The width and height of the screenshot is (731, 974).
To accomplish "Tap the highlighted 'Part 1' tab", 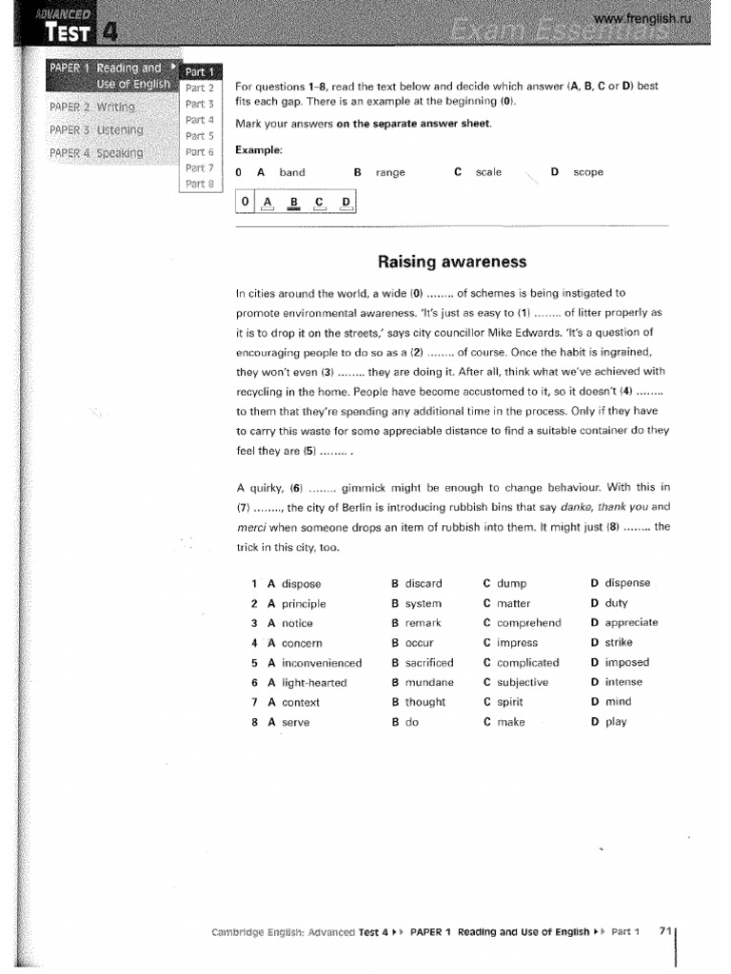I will pos(200,71).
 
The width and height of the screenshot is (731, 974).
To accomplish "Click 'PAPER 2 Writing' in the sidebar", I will pos(92,107).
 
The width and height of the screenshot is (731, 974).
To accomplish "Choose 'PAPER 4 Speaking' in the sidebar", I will pos(96,152).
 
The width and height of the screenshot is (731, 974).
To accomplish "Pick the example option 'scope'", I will pos(587,172).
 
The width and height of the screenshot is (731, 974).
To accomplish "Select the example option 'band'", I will pos(292,172).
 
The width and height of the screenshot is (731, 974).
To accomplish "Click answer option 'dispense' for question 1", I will pos(627,583).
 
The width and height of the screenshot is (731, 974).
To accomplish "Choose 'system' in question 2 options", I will pos(424,603).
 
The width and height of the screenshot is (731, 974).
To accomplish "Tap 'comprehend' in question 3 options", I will pos(528,623).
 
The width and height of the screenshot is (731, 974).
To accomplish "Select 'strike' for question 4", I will pos(619,643).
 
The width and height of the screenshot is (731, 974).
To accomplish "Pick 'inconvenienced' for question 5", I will pos(322,663).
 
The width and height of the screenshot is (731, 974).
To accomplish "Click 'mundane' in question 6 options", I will pos(429,682).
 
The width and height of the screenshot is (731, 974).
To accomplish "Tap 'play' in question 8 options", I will pos(616,722).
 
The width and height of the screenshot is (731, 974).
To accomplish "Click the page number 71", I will pos(665,932).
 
